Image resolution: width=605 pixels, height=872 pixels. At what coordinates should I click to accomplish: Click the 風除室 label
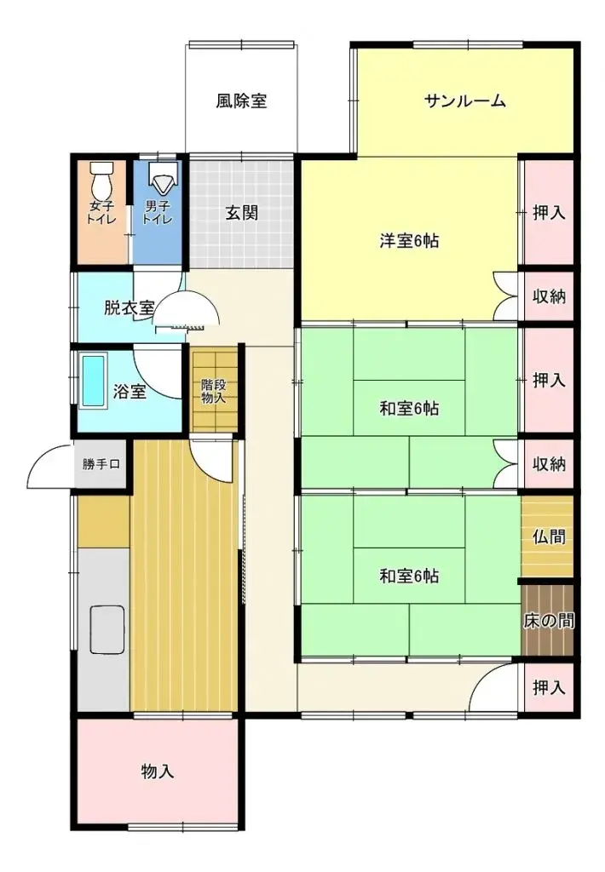point(241,101)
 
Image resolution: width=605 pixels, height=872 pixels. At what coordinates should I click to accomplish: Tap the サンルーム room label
point(465,101)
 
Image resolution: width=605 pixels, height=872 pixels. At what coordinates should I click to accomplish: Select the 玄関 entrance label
point(242,213)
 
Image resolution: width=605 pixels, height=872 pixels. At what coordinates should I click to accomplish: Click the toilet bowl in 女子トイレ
point(101,181)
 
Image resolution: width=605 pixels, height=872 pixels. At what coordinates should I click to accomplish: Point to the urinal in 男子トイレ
point(161,179)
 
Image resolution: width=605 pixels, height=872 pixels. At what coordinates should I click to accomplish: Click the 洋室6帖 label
point(409,241)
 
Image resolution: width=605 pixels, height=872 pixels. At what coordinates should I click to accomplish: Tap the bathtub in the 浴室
point(94,381)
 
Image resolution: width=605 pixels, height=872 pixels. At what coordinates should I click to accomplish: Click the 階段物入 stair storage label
point(212,391)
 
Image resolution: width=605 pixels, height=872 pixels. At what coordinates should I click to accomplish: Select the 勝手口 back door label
point(101,465)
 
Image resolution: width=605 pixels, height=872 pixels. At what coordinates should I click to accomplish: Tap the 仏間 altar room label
point(549,536)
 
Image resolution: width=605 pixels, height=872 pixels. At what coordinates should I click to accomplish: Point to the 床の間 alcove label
point(548,620)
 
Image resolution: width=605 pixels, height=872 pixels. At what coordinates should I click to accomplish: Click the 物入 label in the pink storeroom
point(158,772)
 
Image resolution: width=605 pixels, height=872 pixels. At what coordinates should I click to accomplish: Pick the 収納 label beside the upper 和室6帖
point(549,464)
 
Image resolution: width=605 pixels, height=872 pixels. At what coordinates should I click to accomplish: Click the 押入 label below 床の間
point(549,688)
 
